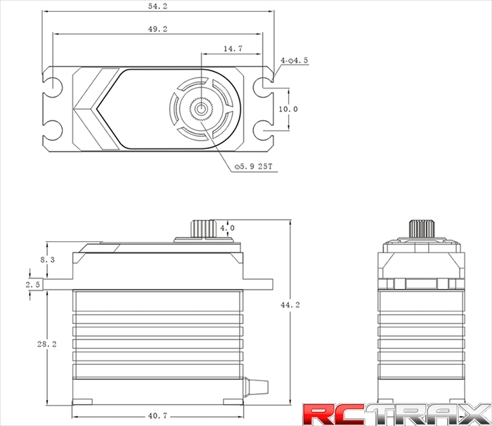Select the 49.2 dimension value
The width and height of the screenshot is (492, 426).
click(157, 29)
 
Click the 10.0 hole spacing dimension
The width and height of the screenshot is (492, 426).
click(288, 109)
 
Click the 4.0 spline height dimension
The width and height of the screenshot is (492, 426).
click(228, 228)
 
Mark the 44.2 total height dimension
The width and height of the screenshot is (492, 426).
click(289, 305)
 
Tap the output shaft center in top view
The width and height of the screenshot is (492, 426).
click(202, 109)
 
